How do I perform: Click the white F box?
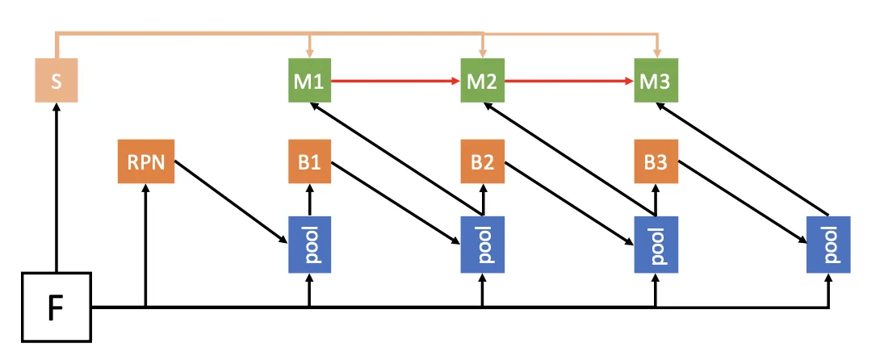click(x=56, y=307)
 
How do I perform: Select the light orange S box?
click(x=56, y=80)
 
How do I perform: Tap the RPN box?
click(x=145, y=161)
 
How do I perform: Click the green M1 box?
click(x=309, y=81)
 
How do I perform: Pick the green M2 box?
click(x=482, y=81)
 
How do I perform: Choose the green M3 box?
click(x=655, y=81)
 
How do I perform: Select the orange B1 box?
click(x=309, y=161)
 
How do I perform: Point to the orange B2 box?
click(x=482, y=161)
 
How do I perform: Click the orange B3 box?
click(x=655, y=161)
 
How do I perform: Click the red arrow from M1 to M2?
click(x=396, y=81)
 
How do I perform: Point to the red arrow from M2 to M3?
click(x=568, y=81)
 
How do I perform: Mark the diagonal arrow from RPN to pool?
click(x=231, y=202)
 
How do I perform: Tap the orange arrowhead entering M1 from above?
click(x=309, y=52)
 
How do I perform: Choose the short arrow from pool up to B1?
click(x=309, y=199)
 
